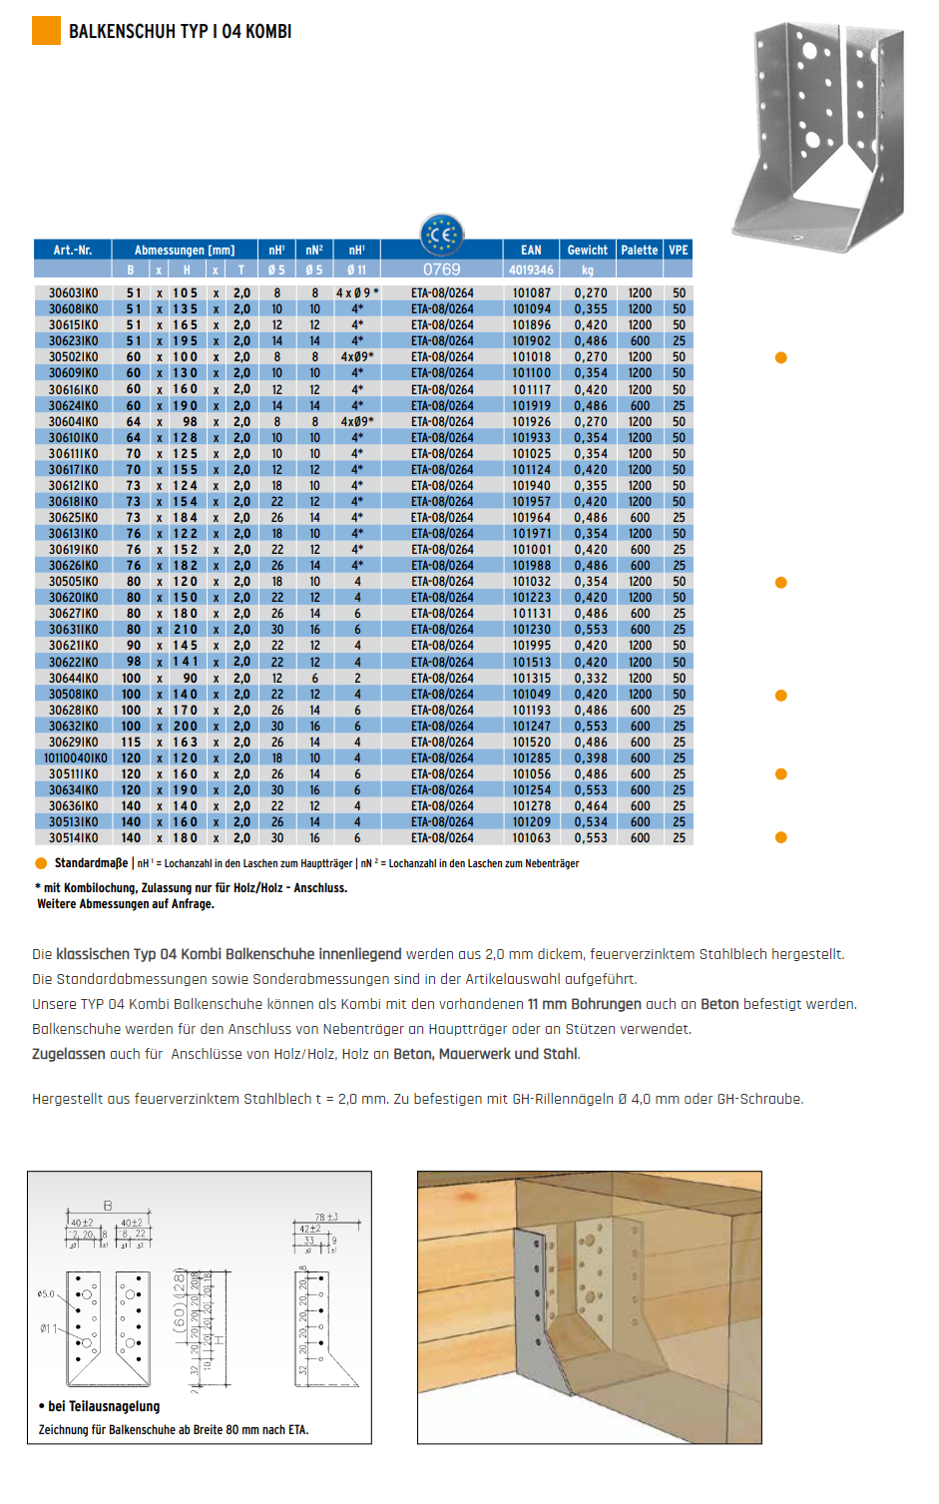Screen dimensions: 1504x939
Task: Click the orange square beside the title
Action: pyautogui.click(x=46, y=31)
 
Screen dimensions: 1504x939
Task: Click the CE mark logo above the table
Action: pyautogui.click(x=441, y=236)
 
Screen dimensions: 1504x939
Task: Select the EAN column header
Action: pyautogui.click(x=531, y=251)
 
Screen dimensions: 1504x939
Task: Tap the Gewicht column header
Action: pyautogui.click(x=587, y=251)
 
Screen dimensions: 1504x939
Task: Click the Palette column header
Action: pyautogui.click(x=639, y=251)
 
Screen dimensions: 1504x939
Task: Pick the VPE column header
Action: pyautogui.click(x=679, y=251)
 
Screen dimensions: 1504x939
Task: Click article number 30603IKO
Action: pyautogui.click(x=74, y=293)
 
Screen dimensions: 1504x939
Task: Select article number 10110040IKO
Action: pyautogui.click(x=76, y=758)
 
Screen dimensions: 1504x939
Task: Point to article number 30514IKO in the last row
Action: pyautogui.click(x=74, y=838)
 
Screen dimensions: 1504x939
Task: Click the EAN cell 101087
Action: pyautogui.click(x=531, y=293)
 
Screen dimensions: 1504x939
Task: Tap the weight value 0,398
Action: pyautogui.click(x=591, y=758)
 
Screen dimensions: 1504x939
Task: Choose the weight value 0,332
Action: pyautogui.click(x=591, y=679)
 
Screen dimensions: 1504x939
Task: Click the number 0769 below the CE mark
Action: pyautogui.click(x=441, y=269)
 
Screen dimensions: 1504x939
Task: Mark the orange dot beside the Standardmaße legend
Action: pyautogui.click(x=41, y=864)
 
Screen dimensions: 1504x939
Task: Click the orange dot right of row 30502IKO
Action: pyautogui.click(x=781, y=357)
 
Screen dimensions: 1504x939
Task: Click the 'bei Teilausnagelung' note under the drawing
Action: pyautogui.click(x=104, y=1406)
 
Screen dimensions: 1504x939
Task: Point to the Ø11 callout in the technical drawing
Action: pyautogui.click(x=48, y=1328)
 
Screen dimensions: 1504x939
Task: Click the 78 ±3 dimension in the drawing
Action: pyautogui.click(x=326, y=1218)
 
